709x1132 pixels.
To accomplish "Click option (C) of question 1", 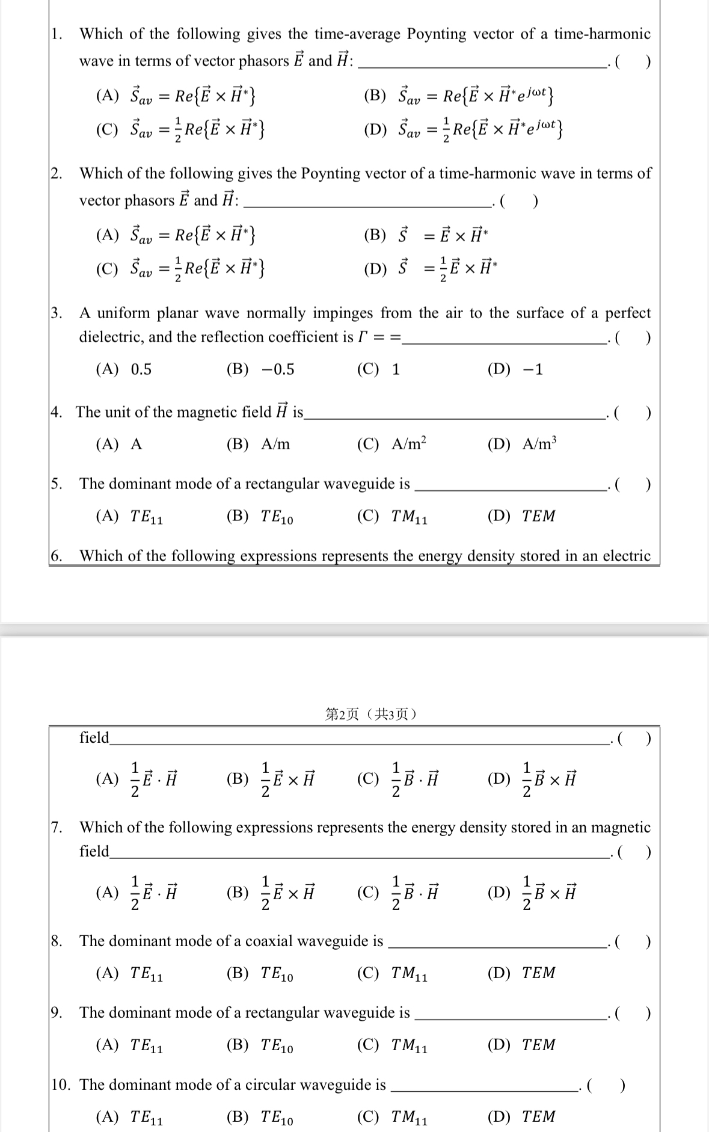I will (181, 130).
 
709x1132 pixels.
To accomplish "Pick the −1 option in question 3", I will (515, 369).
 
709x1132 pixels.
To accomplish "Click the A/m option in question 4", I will (259, 444).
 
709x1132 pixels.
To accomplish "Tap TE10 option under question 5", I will (260, 516).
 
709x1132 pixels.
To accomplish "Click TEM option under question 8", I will (521, 973).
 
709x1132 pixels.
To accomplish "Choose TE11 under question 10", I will (129, 1117).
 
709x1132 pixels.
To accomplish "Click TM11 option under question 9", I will (392, 1045).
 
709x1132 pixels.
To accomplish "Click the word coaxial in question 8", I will (274, 941).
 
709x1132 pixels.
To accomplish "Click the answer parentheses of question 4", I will (632, 413).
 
